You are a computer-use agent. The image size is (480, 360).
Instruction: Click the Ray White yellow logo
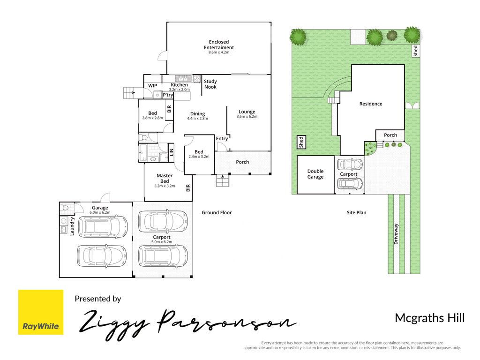41,312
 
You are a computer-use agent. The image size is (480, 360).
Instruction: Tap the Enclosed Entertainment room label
219,45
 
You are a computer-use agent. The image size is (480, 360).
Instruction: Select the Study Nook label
210,84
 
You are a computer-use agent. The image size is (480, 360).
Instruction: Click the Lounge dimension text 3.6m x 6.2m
247,117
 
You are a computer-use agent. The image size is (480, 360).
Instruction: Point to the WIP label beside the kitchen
152,86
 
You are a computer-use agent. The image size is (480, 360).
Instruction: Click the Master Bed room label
165,179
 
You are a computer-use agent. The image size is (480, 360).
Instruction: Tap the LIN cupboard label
172,152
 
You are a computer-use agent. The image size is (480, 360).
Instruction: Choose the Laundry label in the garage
72,226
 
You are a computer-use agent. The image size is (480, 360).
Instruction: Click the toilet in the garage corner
65,208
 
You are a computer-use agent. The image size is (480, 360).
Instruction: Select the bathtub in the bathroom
142,153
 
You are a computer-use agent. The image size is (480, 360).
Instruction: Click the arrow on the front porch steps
223,176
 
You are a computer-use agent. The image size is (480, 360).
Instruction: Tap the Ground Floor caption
217,212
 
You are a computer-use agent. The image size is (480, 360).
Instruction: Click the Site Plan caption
356,212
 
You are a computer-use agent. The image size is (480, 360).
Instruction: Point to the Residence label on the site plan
371,104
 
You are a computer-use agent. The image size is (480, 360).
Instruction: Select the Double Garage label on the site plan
315,174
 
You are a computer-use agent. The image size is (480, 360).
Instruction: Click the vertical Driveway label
396,234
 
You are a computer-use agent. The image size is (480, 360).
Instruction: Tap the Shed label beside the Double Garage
301,142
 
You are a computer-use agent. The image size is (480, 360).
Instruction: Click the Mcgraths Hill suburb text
430,318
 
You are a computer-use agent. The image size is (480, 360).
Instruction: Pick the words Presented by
98,299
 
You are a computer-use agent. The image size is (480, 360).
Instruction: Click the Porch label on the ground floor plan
242,162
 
